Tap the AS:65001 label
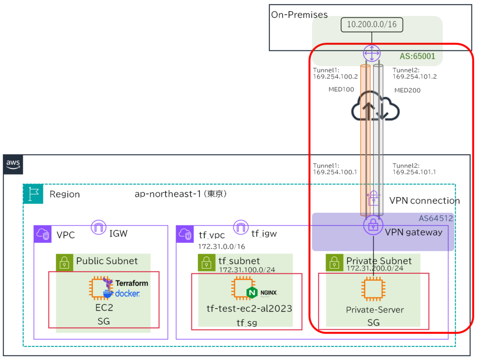417,56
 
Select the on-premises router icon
371,53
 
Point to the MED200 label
407,90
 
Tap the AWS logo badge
13,164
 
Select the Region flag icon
33,194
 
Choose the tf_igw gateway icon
241,227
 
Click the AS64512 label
436,218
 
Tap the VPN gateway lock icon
373,226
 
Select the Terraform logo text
131,283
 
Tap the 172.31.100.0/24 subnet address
246,269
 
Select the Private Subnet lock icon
334,262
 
